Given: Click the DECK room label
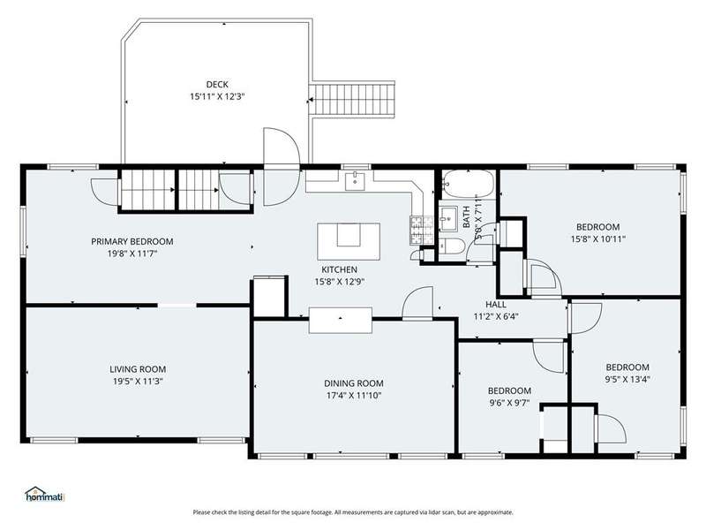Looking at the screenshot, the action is click(217, 84).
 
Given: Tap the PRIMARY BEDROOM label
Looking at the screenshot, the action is click(131, 241).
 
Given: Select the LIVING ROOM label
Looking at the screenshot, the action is click(138, 369).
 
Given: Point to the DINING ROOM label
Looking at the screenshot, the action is click(354, 383).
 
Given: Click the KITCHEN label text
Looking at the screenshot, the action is click(340, 269).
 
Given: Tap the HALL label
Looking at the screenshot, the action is click(496, 304).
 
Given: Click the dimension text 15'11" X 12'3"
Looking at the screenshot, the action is click(217, 96).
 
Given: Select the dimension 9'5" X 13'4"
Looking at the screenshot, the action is click(627, 380).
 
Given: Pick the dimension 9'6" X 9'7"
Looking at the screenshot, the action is click(509, 403).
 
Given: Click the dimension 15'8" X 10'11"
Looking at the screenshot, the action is click(598, 239).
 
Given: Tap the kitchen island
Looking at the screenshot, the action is click(349, 241).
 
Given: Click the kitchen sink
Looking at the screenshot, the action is click(356, 181).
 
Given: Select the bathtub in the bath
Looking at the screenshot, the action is click(469, 184).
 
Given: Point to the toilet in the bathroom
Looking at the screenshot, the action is click(452, 246).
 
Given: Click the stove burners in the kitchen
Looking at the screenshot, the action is click(422, 231).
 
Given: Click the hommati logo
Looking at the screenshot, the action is click(45, 494).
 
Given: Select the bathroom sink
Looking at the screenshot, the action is click(448, 218).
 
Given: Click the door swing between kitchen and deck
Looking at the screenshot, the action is click(282, 167).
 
